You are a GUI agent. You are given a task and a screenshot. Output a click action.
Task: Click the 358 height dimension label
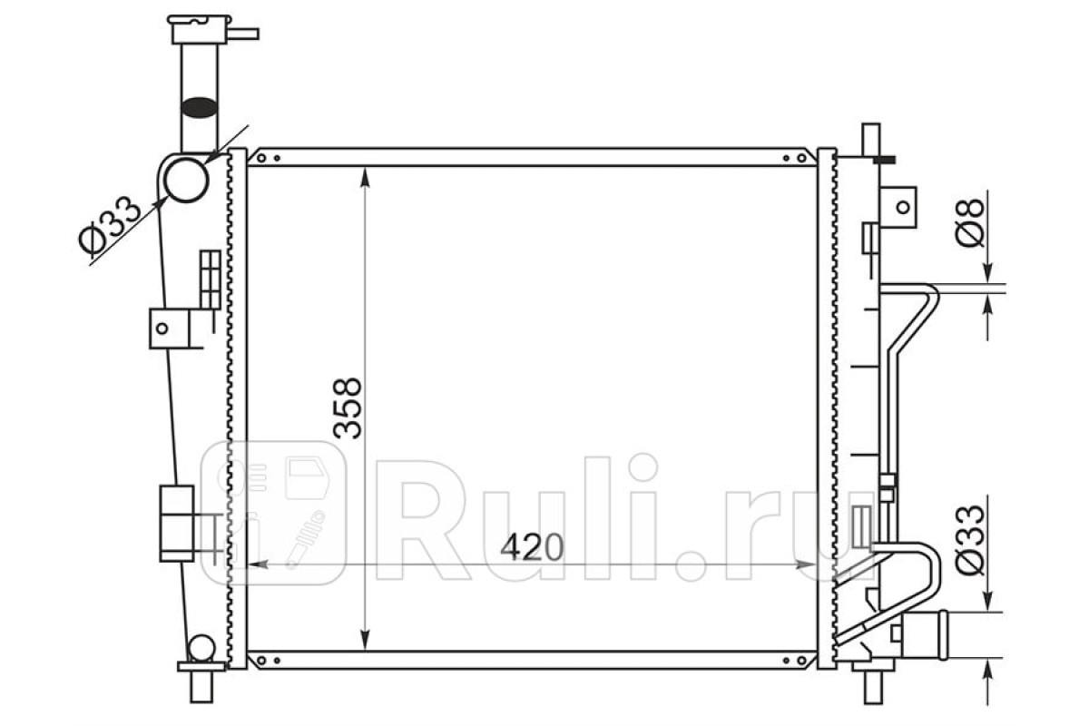tap(348, 408)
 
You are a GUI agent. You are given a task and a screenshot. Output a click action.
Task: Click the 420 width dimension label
tap(532, 547)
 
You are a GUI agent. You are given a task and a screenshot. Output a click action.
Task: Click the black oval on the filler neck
tap(199, 107)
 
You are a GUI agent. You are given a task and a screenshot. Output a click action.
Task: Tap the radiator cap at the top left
tap(200, 29)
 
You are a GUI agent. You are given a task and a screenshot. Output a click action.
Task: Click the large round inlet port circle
tap(186, 180)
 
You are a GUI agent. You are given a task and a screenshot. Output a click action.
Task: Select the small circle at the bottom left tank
tap(201, 648)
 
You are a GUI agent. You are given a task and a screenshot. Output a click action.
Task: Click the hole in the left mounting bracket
tap(162, 329)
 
